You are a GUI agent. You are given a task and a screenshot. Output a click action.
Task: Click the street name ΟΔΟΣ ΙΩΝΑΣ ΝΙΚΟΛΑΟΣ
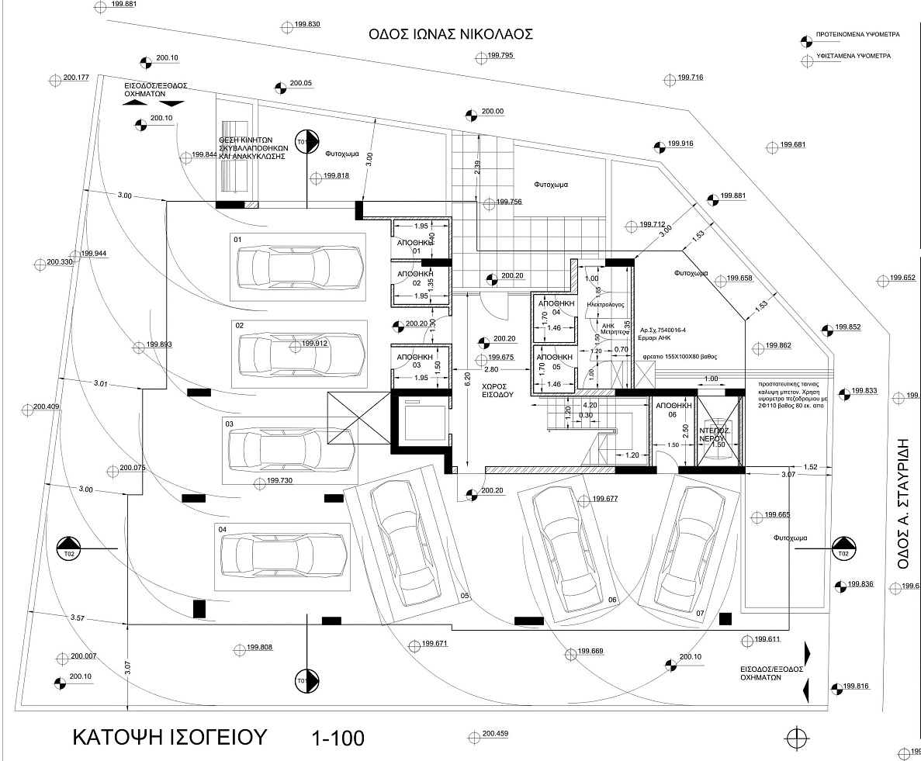451,34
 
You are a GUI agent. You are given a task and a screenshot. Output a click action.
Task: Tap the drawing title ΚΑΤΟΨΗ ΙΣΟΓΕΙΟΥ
169,735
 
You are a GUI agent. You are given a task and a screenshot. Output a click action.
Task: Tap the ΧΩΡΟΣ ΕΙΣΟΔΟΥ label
493,389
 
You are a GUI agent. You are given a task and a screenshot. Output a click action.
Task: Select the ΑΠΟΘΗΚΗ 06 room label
673,410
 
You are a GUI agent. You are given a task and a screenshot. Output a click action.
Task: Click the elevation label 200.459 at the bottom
494,734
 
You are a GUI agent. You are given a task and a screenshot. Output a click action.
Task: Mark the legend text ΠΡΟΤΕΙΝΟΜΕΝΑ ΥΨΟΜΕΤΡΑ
857,36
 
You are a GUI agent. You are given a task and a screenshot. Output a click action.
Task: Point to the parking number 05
465,595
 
